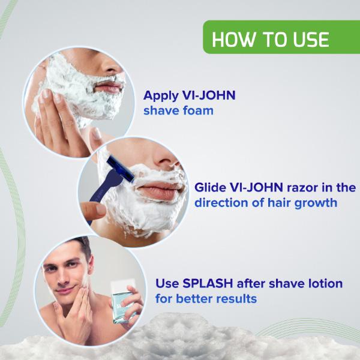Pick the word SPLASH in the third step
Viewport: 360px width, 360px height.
pyautogui.click(x=207, y=283)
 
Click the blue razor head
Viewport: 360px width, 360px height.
pyautogui.click(x=121, y=168)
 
